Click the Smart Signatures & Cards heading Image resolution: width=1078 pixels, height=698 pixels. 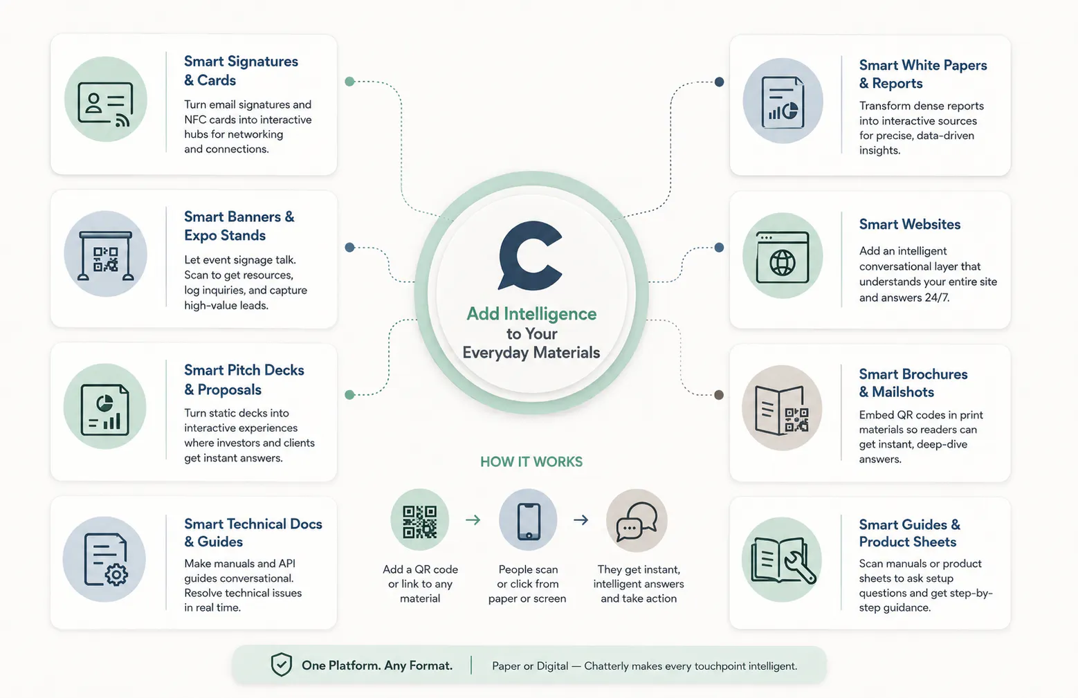coord(241,71)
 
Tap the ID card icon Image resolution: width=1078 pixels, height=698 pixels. coord(105,102)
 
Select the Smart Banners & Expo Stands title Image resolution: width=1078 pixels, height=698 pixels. coord(239,226)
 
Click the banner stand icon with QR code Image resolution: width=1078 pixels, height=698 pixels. coord(105,255)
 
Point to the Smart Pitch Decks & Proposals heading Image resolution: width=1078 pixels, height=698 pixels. coord(244,380)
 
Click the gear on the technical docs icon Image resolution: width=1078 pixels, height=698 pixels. coord(116,574)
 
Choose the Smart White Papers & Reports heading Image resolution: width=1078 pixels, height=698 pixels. coord(922,74)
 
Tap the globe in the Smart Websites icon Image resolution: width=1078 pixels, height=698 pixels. coord(782,263)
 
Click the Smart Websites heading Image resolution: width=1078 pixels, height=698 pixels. coord(910,224)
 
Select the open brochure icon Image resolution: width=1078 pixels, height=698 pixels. coord(782,410)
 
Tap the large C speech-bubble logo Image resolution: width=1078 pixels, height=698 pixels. coord(530,255)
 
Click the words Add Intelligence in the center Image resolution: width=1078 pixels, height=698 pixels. coord(531,313)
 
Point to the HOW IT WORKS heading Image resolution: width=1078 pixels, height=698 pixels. coord(531,462)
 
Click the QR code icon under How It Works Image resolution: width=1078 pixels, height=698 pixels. coord(420,521)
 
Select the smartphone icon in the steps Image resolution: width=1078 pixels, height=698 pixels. coord(529,521)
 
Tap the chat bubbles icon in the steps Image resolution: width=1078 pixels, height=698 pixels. coord(637,522)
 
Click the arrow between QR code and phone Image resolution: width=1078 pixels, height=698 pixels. coord(473,520)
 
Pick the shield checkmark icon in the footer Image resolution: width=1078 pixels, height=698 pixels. coord(282,665)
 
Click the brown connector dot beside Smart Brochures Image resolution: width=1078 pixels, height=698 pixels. coord(719,395)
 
